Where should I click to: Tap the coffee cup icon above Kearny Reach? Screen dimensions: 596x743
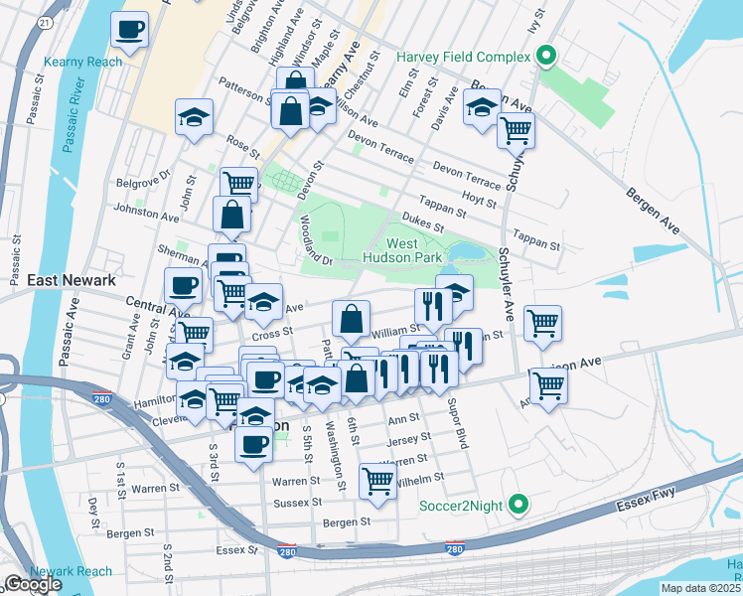pos(128,30)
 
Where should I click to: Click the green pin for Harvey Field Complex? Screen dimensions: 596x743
pos(544,57)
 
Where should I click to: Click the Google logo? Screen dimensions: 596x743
pos(33,584)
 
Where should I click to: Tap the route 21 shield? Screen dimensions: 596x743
pos(46,21)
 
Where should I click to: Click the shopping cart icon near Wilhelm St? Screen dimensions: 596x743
pos(377,480)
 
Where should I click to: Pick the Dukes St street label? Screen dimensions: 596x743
pos(422,223)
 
